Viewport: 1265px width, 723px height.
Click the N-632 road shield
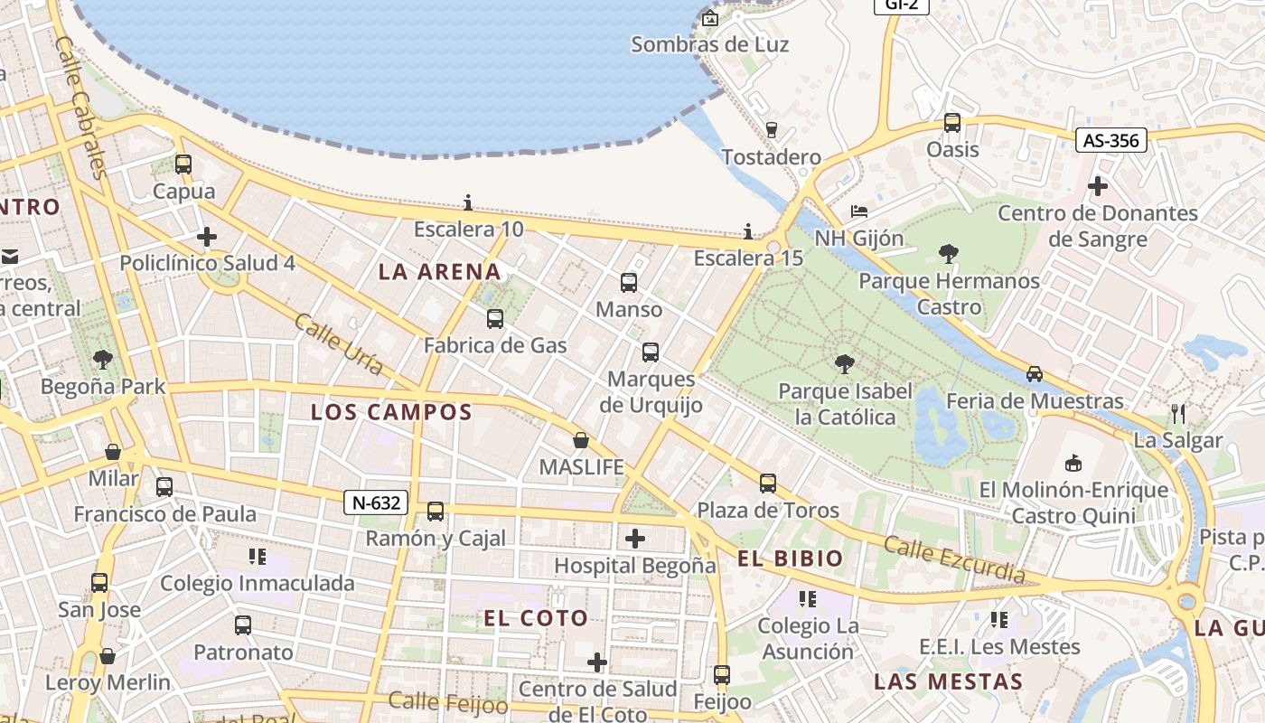376,502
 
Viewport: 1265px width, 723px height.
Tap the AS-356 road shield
1111,140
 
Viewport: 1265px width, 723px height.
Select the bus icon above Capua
183,164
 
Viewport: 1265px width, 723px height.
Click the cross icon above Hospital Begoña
635,540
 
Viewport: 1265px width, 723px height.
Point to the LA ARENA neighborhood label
439,271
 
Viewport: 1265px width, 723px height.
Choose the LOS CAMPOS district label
391,412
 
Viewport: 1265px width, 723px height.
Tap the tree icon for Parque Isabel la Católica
845,364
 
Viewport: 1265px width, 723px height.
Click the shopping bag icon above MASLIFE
581,441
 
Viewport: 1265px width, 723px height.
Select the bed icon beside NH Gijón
859,212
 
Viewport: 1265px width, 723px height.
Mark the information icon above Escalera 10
468,202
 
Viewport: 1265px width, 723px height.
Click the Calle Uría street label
339,344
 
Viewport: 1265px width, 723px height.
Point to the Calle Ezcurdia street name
954,559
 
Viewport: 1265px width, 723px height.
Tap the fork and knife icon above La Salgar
1177,414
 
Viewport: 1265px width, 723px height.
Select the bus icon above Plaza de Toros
768,484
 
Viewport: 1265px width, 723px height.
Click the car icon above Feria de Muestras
1035,373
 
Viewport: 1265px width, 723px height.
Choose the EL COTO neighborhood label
536,618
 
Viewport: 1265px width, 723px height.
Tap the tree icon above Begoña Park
103,360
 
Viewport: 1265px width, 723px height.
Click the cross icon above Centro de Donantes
1098,187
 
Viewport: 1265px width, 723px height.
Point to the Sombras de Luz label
709,44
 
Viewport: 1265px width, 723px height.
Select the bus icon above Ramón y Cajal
436,512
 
